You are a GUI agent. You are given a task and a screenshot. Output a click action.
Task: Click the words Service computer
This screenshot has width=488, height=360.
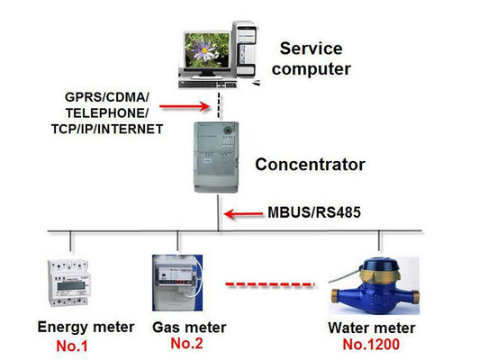click(313, 58)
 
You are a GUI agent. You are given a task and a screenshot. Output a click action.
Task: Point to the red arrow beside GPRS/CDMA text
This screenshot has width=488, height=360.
click(190, 104)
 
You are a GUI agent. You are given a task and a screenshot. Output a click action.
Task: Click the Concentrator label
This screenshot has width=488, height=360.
click(309, 165)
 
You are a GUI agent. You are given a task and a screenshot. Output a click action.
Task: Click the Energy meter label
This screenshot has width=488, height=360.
click(86, 326)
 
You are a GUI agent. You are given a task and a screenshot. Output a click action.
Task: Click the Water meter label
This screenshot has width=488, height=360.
click(372, 328)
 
